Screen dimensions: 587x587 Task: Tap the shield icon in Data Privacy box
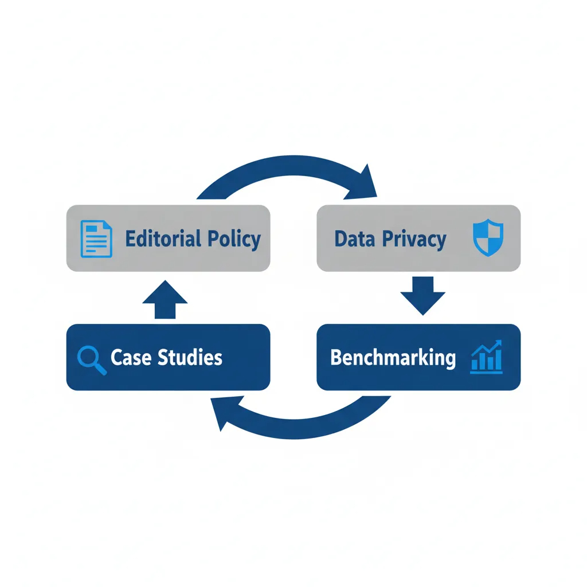tap(487, 238)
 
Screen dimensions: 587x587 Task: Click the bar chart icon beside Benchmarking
tap(487, 357)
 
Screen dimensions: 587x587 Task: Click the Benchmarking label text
tap(393, 358)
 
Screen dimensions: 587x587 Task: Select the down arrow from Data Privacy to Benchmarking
tap(422, 295)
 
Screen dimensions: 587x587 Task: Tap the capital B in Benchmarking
tap(336, 357)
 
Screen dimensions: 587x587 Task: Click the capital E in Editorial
tap(130, 238)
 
